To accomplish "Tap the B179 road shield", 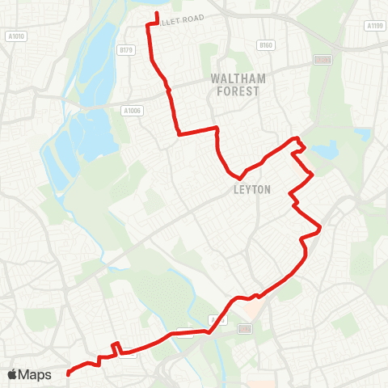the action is click(125, 50).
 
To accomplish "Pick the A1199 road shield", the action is click(374, 26).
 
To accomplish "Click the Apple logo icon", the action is click(13, 374).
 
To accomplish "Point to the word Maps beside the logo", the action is click(35, 374).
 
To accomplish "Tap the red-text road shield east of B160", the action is click(323, 60).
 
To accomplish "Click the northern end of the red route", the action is click(156, 14).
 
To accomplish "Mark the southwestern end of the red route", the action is click(68, 373).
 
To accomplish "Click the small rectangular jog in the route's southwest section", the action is click(116, 348).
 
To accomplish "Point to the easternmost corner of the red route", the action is click(321, 229).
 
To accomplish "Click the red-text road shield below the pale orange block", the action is click(245, 328).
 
